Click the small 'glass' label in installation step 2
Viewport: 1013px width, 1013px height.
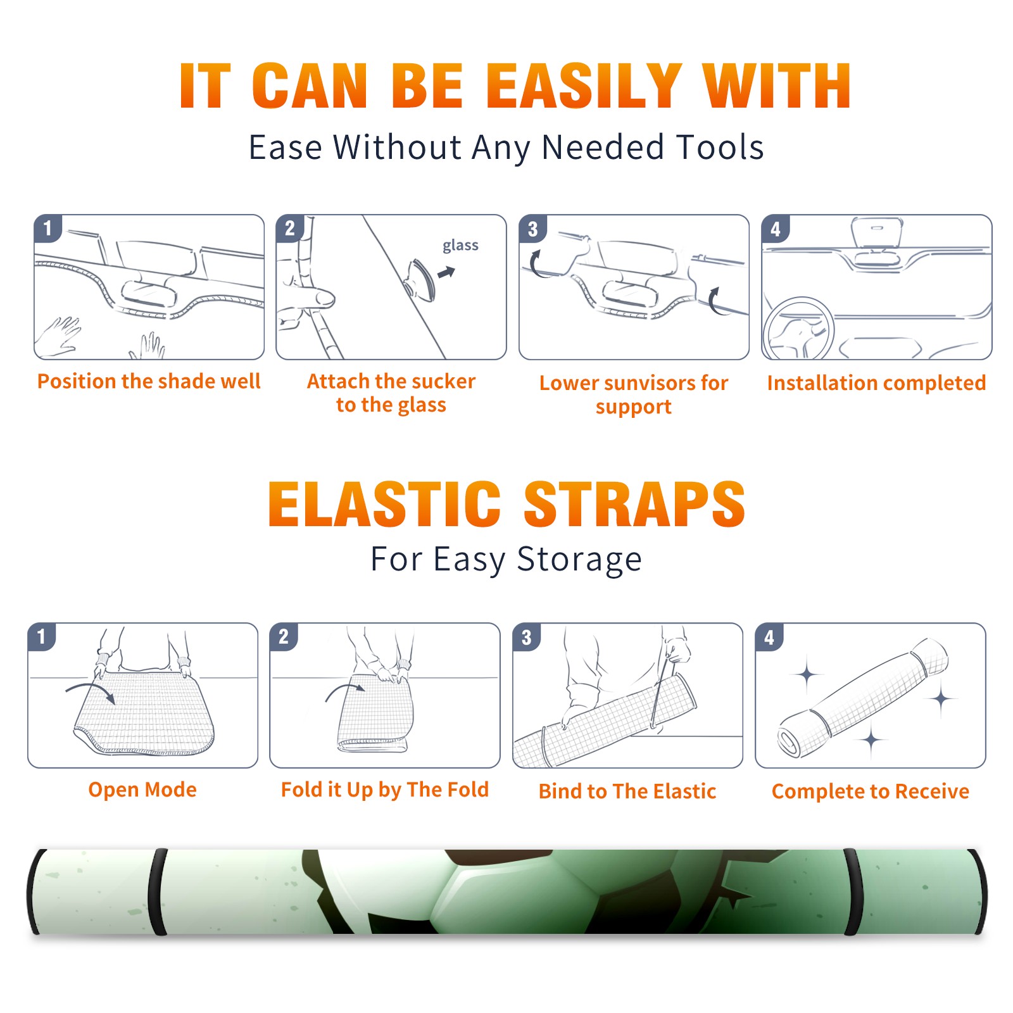click(x=460, y=246)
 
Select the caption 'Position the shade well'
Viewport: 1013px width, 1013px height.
click(x=149, y=381)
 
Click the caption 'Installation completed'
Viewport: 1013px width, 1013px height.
click(x=876, y=382)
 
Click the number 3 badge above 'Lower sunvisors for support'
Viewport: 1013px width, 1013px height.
click(x=532, y=229)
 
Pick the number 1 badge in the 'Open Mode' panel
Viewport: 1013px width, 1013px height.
click(x=42, y=636)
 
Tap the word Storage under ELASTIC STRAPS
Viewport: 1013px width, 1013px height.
click(x=579, y=560)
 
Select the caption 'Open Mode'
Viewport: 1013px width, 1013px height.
click(x=142, y=790)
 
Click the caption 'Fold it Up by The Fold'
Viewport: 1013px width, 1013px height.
click(x=385, y=790)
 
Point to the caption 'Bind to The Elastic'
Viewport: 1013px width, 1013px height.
click(x=627, y=791)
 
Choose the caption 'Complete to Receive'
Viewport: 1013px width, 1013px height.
click(x=871, y=791)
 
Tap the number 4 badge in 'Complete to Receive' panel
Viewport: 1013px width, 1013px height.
click(x=769, y=637)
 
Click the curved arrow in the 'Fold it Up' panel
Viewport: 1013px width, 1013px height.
click(x=345, y=689)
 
